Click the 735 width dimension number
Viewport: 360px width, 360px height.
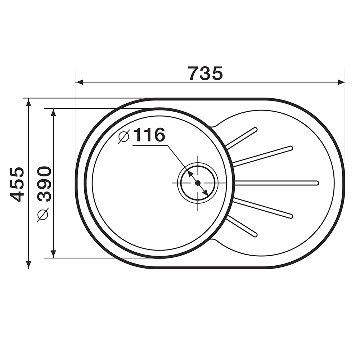click(205, 73)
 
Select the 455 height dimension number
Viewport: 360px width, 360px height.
click(17, 184)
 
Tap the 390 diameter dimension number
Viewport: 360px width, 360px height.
click(44, 184)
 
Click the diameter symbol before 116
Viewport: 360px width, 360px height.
click(124, 136)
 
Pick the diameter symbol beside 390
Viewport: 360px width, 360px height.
click(43, 215)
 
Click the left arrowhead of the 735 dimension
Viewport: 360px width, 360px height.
click(79, 82)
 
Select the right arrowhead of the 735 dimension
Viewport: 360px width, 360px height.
click(341, 82)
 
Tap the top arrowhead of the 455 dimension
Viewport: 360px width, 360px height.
click(28, 102)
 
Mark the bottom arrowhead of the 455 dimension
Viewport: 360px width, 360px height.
click(28, 265)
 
